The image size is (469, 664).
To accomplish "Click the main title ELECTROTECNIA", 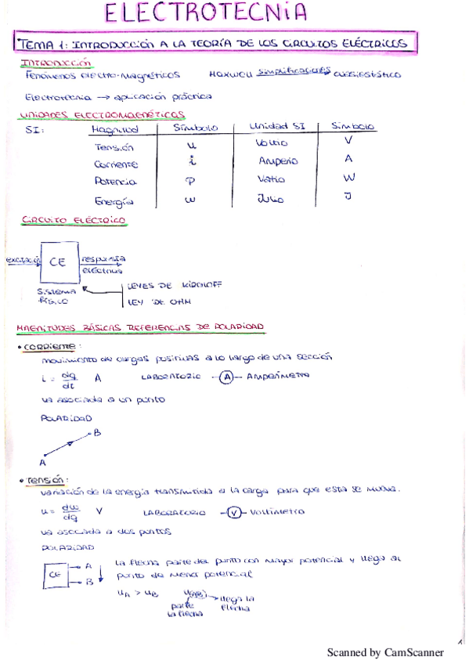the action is tap(206, 13).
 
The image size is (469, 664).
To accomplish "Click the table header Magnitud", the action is tap(115, 129).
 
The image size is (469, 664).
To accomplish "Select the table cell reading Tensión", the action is tap(114, 147).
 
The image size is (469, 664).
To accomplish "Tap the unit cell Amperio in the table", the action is tap(278, 161).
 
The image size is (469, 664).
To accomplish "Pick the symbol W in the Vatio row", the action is tap(349, 178).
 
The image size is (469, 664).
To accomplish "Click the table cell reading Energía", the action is tap(114, 200).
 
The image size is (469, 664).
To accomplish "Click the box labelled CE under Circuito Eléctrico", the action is tap(58, 263).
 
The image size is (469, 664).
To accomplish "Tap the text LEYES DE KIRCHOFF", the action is tap(174, 285).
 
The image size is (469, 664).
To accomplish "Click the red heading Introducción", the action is tap(56, 62).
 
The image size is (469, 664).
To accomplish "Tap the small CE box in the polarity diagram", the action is tap(55, 574).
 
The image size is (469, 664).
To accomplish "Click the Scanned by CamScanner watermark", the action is tap(384, 652).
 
